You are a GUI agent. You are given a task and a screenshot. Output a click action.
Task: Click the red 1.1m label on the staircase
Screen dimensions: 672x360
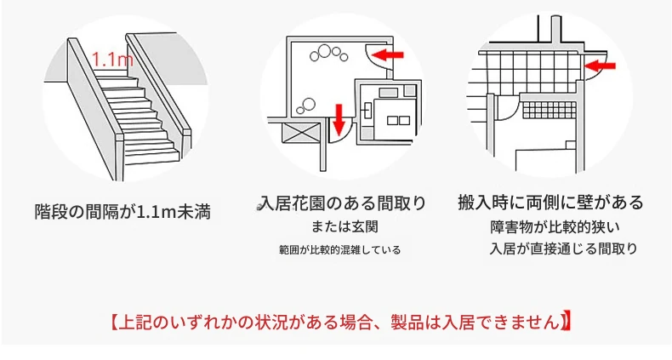coord(112,59)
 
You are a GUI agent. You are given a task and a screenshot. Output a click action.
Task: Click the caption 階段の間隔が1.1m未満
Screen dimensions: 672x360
coord(122,212)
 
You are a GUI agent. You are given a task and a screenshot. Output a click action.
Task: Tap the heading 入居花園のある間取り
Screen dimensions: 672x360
coord(343,203)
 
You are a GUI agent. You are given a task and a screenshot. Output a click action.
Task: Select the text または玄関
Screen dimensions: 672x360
coord(345,226)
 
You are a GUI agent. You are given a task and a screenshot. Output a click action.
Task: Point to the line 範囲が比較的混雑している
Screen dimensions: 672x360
coord(340,249)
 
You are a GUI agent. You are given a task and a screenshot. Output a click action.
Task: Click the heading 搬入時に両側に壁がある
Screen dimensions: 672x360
coord(550,202)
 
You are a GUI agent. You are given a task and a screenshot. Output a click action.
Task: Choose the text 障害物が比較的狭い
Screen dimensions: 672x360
coord(555,226)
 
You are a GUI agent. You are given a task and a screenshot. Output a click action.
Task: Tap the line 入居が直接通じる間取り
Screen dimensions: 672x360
coord(563,249)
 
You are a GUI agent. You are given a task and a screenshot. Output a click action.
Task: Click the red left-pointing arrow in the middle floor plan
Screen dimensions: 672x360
coord(387,54)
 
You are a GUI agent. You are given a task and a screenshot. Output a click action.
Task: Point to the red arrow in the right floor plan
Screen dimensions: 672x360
coord(600,66)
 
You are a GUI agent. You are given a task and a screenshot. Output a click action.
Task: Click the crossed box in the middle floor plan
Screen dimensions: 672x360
coord(300,133)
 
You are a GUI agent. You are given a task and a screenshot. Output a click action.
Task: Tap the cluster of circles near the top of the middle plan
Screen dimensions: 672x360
coord(328,54)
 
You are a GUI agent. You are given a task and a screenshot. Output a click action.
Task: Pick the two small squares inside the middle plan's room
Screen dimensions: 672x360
coord(399,121)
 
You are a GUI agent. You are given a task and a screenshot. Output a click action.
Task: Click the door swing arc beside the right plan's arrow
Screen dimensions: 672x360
coord(596,68)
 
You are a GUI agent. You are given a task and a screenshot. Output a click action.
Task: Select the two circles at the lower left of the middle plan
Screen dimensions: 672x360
coord(306,105)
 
